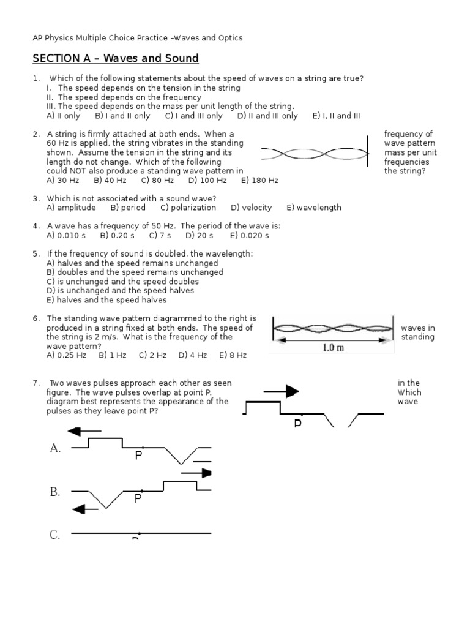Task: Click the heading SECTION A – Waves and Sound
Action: (116, 59)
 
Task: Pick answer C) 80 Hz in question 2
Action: (157, 181)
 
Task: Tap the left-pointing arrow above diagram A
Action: (84, 431)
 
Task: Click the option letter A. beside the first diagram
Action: (55, 449)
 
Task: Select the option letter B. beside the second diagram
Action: (55, 492)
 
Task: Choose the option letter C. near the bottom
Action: (55, 535)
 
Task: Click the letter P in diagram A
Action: (138, 456)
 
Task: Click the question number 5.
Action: (36, 253)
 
